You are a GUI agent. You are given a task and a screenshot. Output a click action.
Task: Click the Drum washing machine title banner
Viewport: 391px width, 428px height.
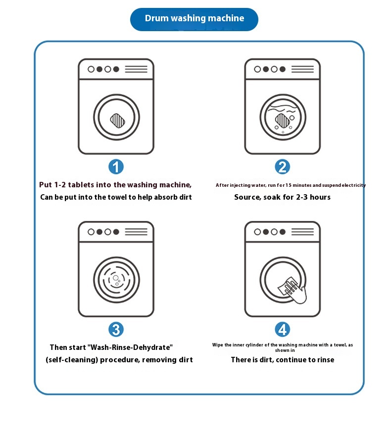[194, 19]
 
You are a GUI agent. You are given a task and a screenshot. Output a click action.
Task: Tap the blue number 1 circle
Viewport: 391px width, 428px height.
[116, 167]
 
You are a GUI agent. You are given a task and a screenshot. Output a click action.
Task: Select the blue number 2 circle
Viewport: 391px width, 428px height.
[282, 167]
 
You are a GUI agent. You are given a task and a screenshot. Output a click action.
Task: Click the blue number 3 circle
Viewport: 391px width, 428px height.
[116, 329]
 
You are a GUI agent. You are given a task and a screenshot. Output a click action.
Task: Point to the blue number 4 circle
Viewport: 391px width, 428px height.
[282, 329]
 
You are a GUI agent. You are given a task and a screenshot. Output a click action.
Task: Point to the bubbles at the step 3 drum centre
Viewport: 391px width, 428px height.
[116, 281]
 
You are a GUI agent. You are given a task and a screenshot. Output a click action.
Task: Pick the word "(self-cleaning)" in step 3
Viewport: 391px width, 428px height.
[72, 360]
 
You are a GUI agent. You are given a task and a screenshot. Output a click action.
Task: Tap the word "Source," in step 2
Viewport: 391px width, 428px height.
[247, 197]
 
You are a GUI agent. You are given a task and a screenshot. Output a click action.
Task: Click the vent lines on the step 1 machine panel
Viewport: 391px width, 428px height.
[136, 69]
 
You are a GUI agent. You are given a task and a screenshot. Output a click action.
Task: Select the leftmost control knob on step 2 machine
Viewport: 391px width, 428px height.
[257, 69]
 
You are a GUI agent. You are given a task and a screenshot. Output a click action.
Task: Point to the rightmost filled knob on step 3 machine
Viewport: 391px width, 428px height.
[116, 232]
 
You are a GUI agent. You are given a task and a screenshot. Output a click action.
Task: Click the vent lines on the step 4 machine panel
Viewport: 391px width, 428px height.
[302, 232]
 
